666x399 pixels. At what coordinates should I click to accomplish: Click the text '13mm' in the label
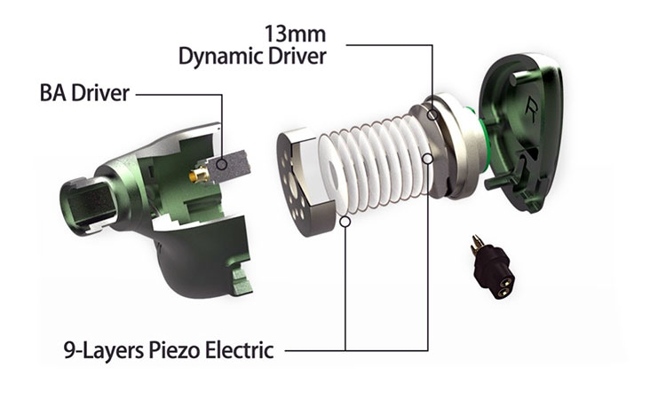click(x=296, y=33)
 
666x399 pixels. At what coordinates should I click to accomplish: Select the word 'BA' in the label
click(x=53, y=93)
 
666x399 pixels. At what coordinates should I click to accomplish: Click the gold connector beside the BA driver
click(x=199, y=174)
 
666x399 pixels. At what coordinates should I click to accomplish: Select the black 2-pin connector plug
click(x=493, y=266)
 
